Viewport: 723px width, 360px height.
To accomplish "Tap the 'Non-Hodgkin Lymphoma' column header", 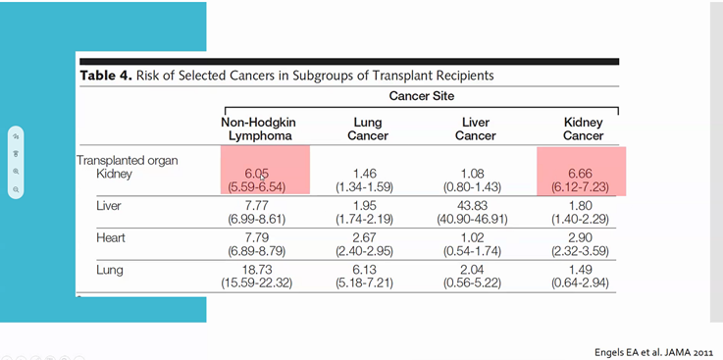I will click(x=258, y=129).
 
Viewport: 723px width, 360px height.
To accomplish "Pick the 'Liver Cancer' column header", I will click(x=475, y=129).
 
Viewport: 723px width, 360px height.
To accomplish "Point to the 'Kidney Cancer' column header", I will click(x=583, y=129).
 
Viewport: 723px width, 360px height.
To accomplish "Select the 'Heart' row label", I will click(x=110, y=237).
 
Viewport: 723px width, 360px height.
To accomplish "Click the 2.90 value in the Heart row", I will click(x=583, y=236).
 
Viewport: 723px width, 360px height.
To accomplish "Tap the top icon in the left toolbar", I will click(x=16, y=135).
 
